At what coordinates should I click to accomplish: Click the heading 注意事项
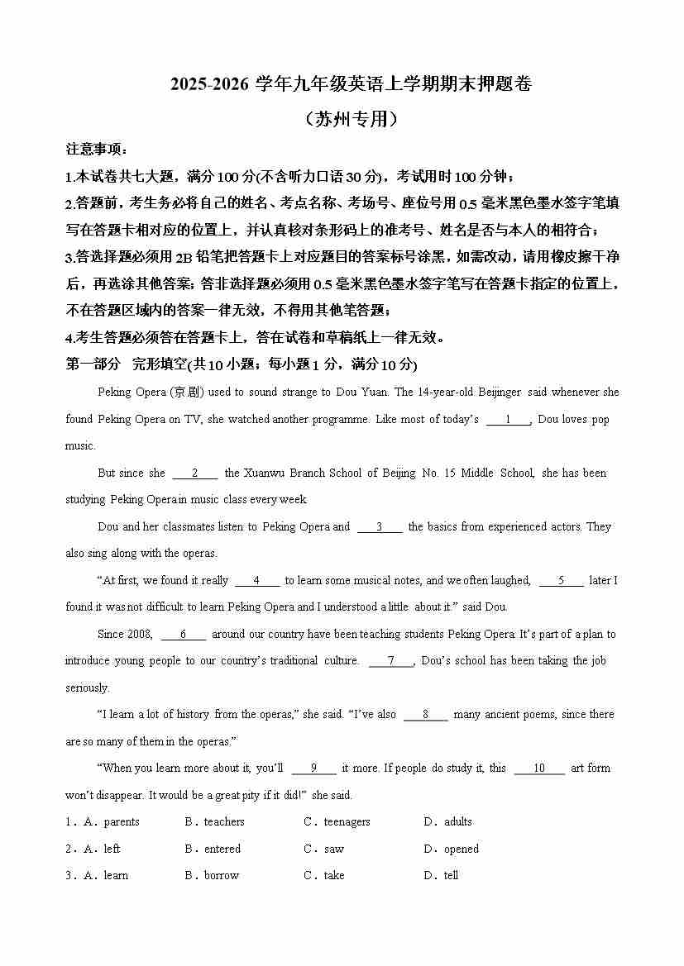[96, 149]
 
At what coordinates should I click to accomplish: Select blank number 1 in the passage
[508, 419]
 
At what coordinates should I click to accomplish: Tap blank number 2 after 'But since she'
[194, 473]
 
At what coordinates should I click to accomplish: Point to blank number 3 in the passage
[380, 526]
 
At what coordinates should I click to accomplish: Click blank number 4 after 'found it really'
[257, 580]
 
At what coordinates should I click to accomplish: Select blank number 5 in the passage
[561, 580]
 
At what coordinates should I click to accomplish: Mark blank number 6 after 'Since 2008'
[182, 634]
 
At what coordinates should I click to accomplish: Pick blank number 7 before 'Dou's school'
[390, 660]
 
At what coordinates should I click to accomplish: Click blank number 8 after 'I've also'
[425, 714]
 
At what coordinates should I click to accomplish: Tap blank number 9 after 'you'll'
[313, 768]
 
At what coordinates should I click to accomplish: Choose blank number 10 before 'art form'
[538, 768]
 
